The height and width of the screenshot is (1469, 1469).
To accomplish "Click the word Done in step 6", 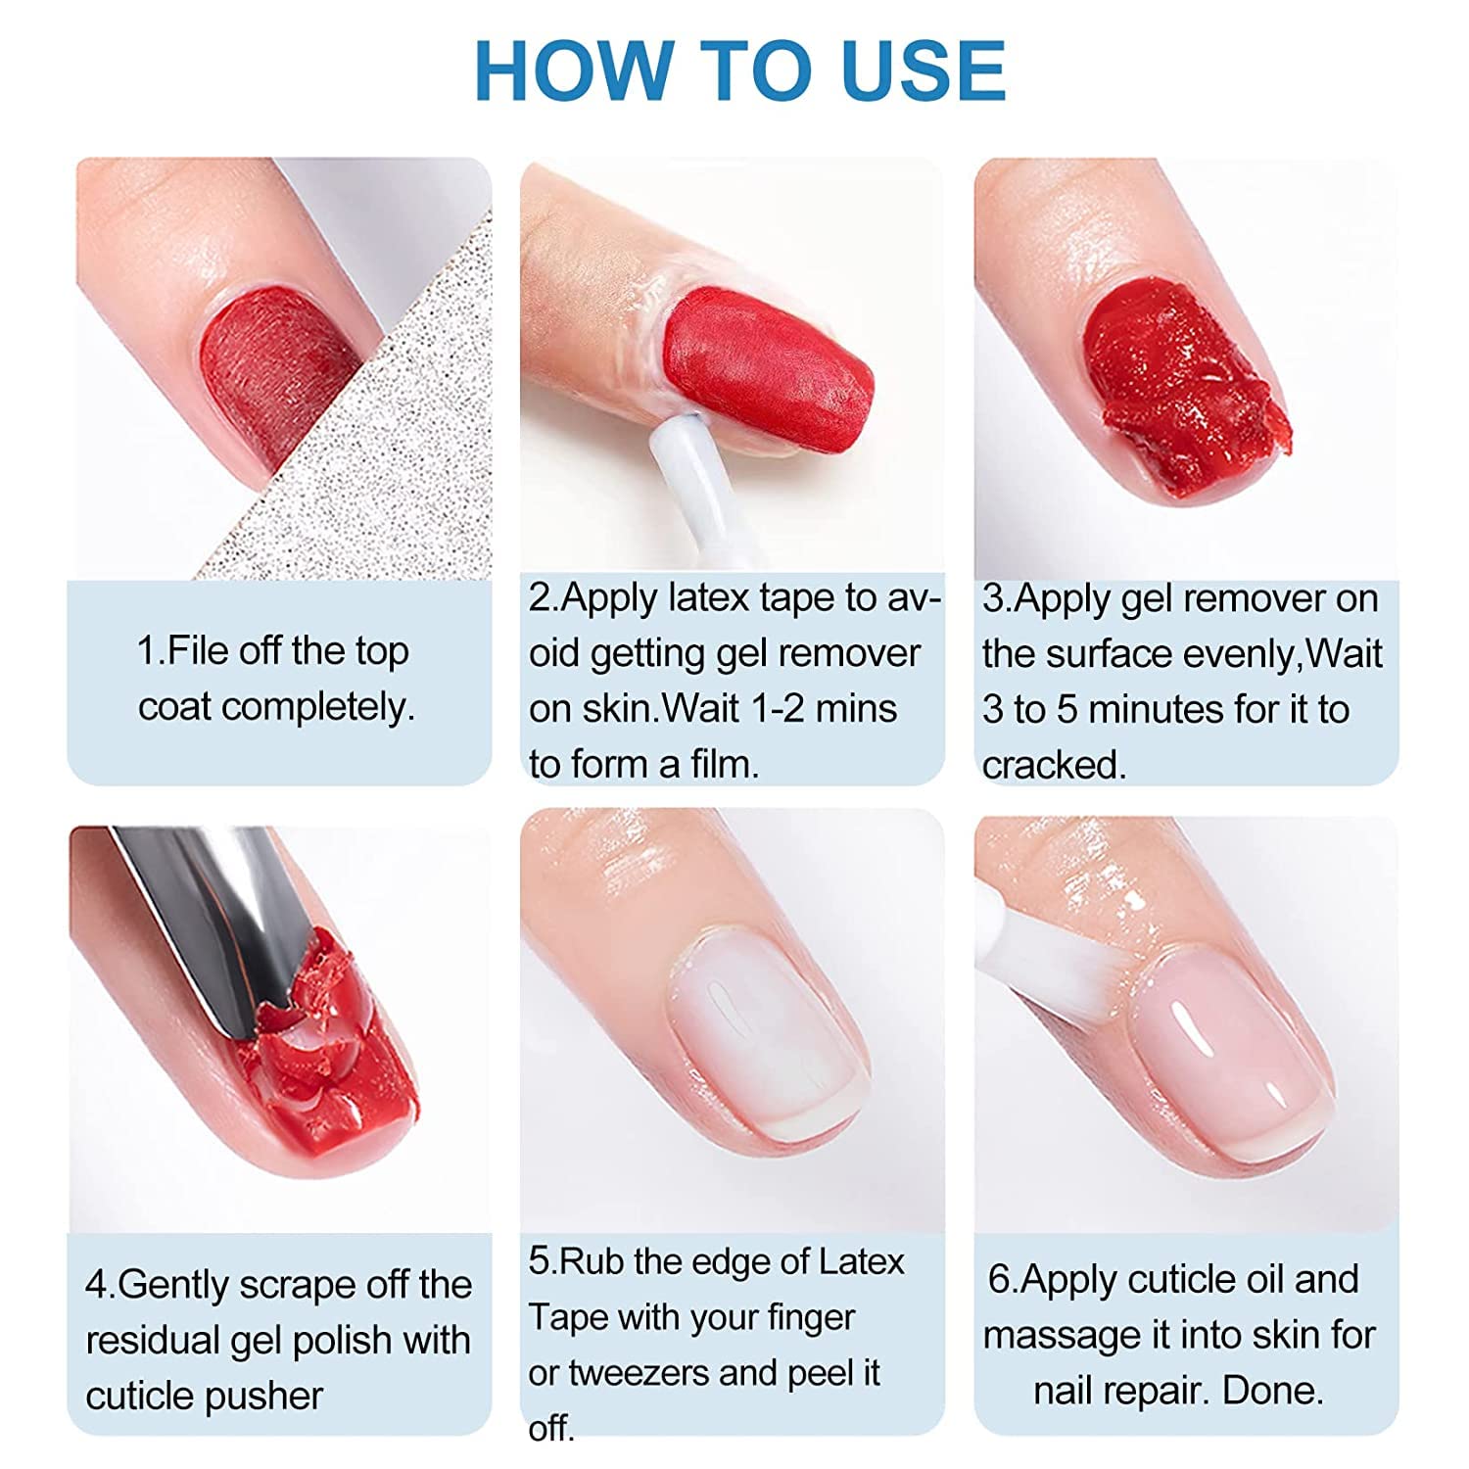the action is coord(1273,1391).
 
